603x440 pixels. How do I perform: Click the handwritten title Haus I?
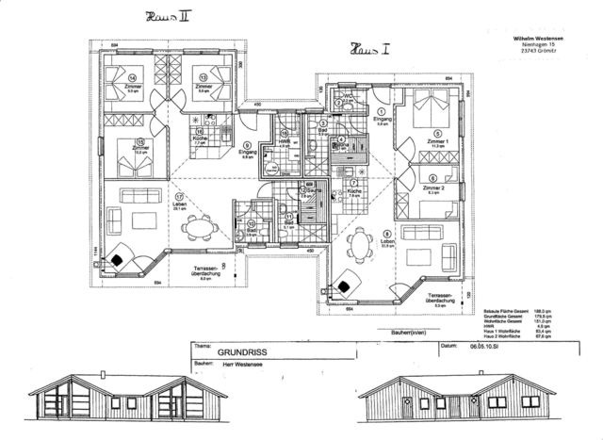370,47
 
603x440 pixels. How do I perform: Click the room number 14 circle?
133,78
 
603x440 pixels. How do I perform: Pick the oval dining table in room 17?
197,228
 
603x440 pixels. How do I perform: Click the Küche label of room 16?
200,139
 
